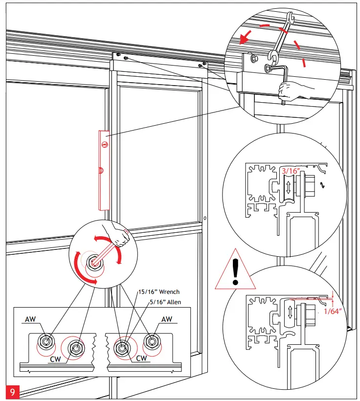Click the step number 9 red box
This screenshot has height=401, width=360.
point(12,392)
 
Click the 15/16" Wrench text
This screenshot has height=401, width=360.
point(158,292)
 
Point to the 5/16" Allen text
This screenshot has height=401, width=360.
point(165,302)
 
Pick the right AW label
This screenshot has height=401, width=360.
point(167,319)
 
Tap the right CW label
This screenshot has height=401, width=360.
point(142,358)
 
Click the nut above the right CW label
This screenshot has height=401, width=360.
point(121,348)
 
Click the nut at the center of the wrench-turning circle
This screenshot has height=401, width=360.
point(92,265)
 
